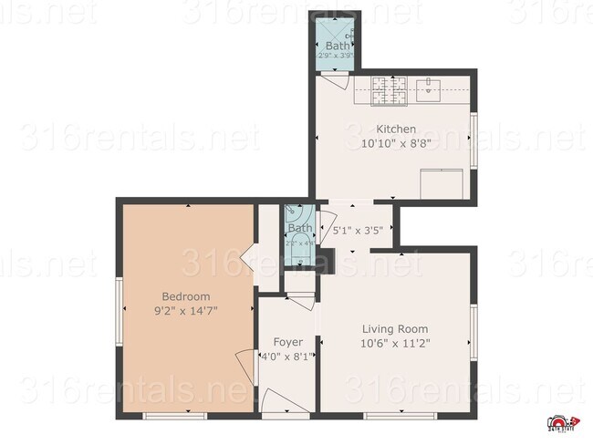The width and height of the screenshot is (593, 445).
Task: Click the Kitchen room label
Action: (395, 129)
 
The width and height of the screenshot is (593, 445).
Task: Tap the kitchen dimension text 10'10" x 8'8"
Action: (395, 143)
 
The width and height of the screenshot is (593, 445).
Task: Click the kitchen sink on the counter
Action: (429, 88)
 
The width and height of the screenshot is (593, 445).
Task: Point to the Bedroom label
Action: (186, 296)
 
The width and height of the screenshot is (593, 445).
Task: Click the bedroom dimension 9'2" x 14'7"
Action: (186, 311)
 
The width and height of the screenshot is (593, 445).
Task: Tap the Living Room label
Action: (394, 329)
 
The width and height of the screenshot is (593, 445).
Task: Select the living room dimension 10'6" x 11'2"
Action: (394, 344)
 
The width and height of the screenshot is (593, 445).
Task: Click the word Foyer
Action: (288, 342)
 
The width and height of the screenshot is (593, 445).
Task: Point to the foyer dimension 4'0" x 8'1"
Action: (288, 357)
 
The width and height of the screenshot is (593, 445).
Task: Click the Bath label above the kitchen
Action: (338, 46)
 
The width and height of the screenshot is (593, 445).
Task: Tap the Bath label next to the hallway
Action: (299, 228)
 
